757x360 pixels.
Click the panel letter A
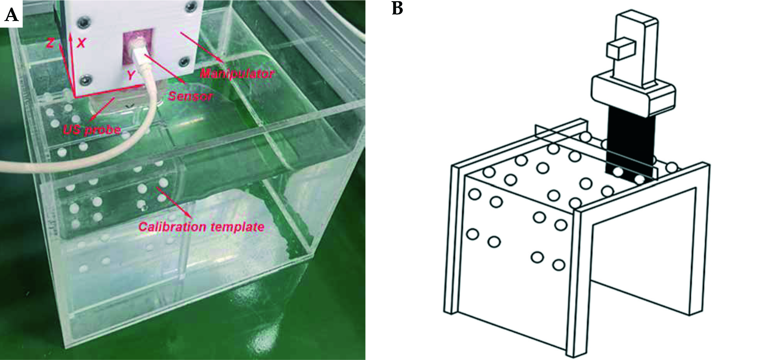point(11,15)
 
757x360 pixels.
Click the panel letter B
point(397,8)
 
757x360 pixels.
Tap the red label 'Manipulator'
point(237,73)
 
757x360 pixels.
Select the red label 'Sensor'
point(190,96)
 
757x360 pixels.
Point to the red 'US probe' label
point(92,130)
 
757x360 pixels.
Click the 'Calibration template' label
point(201,226)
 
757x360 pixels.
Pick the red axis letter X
point(81,43)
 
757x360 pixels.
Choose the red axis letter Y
point(131,75)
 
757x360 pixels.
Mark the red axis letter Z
point(50,43)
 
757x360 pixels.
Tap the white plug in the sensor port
point(139,56)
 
